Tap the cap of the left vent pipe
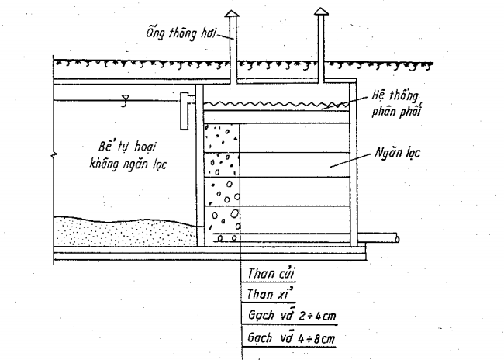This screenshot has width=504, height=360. tap(233, 14)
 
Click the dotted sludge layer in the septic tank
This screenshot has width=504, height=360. tap(116, 231)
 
